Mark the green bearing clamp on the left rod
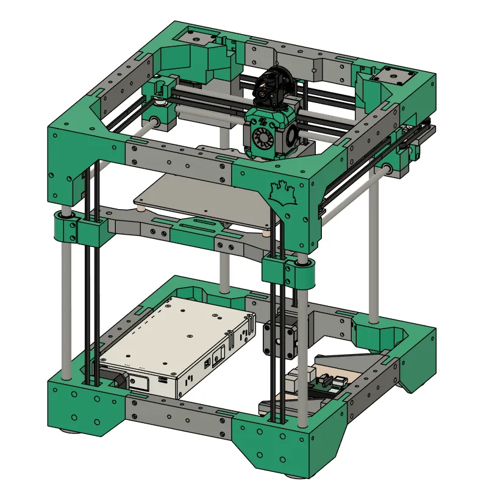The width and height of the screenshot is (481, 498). tap(79, 228)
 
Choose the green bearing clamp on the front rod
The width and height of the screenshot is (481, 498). tap(291, 271)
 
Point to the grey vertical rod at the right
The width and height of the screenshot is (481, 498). tap(374, 244)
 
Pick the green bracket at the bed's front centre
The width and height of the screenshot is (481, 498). tap(195, 227)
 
